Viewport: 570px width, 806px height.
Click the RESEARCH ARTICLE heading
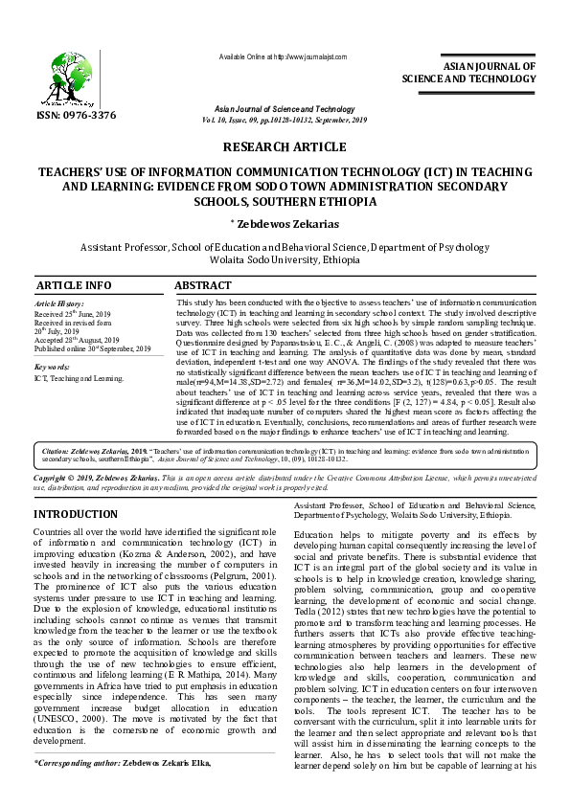[x=285, y=146]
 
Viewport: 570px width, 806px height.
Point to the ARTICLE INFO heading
[x=73, y=286]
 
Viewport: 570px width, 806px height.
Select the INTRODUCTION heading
[x=76, y=514]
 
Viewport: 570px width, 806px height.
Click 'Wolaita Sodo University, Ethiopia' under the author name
[x=285, y=259]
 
